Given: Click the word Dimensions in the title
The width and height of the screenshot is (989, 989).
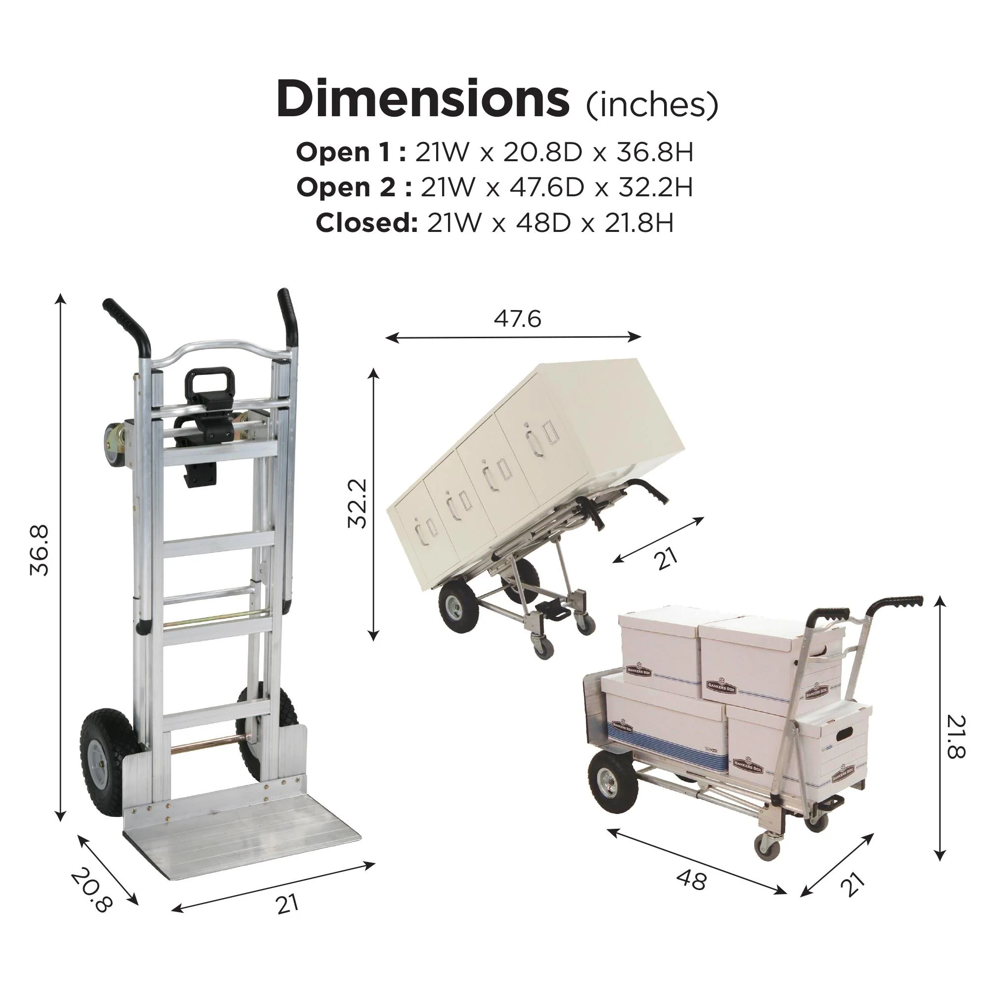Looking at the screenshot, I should [422, 99].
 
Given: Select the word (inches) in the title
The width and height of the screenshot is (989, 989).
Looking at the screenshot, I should [652, 105].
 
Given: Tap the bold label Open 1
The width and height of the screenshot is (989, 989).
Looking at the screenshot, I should [351, 152].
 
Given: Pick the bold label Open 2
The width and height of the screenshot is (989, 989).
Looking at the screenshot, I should [354, 187].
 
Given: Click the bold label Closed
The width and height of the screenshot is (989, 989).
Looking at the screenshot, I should [366, 223].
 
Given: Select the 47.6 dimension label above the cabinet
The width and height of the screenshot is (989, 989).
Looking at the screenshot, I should [517, 319].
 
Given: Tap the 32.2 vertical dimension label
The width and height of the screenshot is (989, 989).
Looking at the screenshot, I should [357, 503].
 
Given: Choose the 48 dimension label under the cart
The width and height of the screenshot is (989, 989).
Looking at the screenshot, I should [692, 879].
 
